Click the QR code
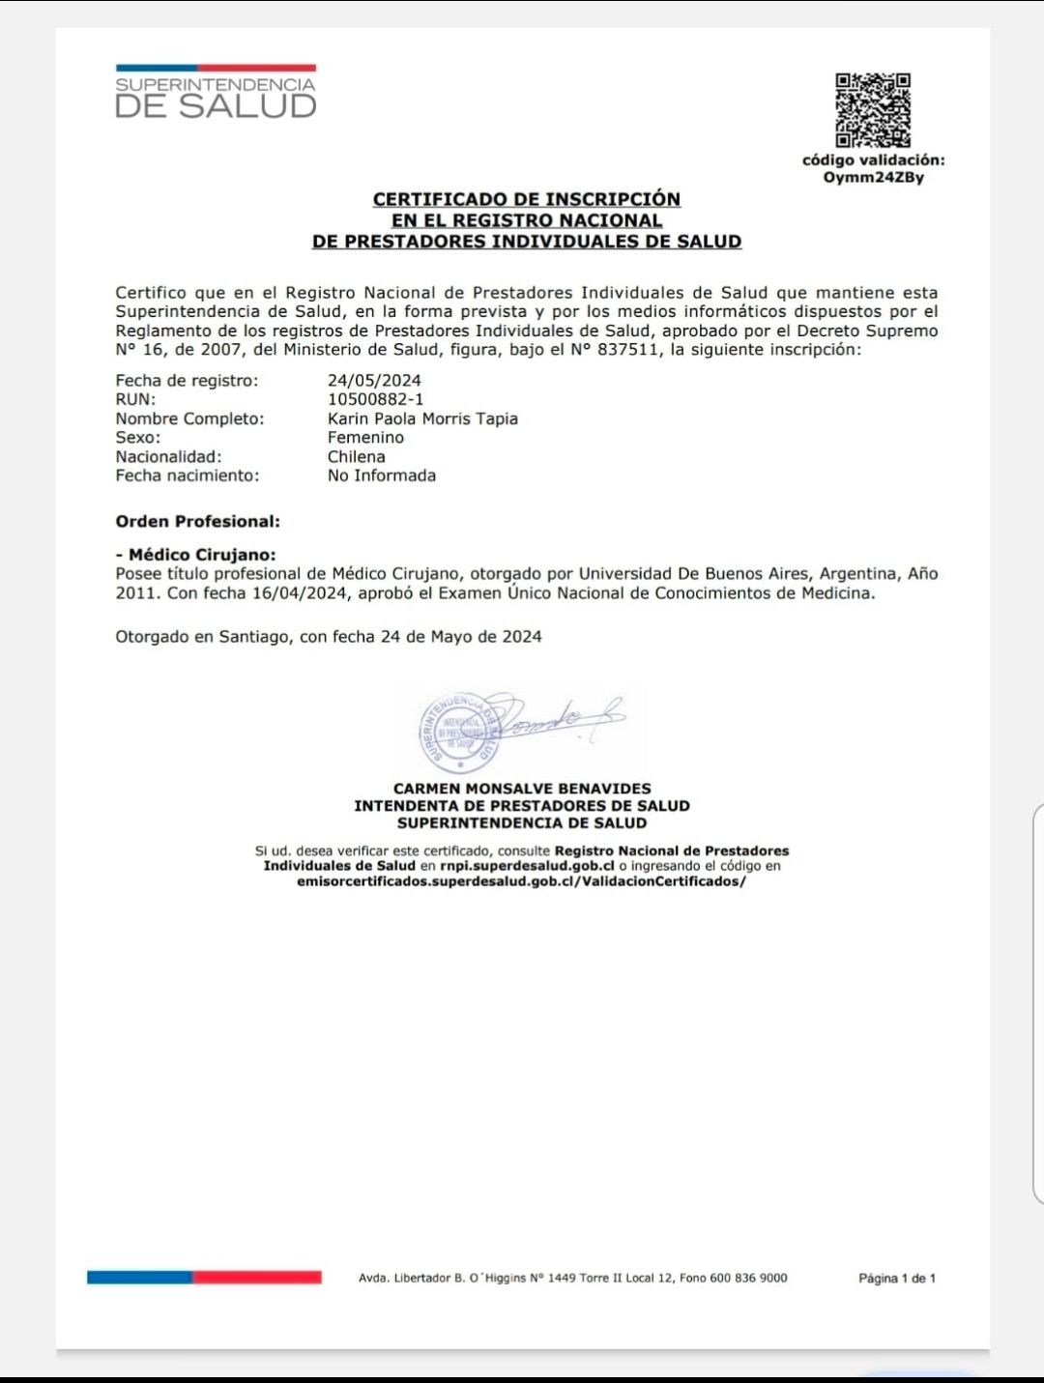(873, 110)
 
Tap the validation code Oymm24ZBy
(873, 178)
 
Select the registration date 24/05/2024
(374, 380)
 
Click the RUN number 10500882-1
(375, 399)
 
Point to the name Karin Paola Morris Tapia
(422, 418)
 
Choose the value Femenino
(365, 437)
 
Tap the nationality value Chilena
(356, 456)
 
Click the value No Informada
(381, 475)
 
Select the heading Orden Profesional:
(197, 521)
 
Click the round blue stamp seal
(459, 732)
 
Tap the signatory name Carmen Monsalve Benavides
(522, 789)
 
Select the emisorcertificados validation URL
(521, 881)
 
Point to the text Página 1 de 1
(897, 1279)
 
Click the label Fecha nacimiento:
(187, 475)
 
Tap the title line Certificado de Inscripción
(527, 199)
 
